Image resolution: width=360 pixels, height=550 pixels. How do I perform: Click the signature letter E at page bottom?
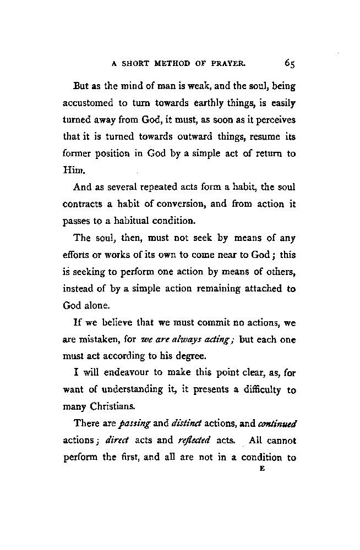pos(261,469)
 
